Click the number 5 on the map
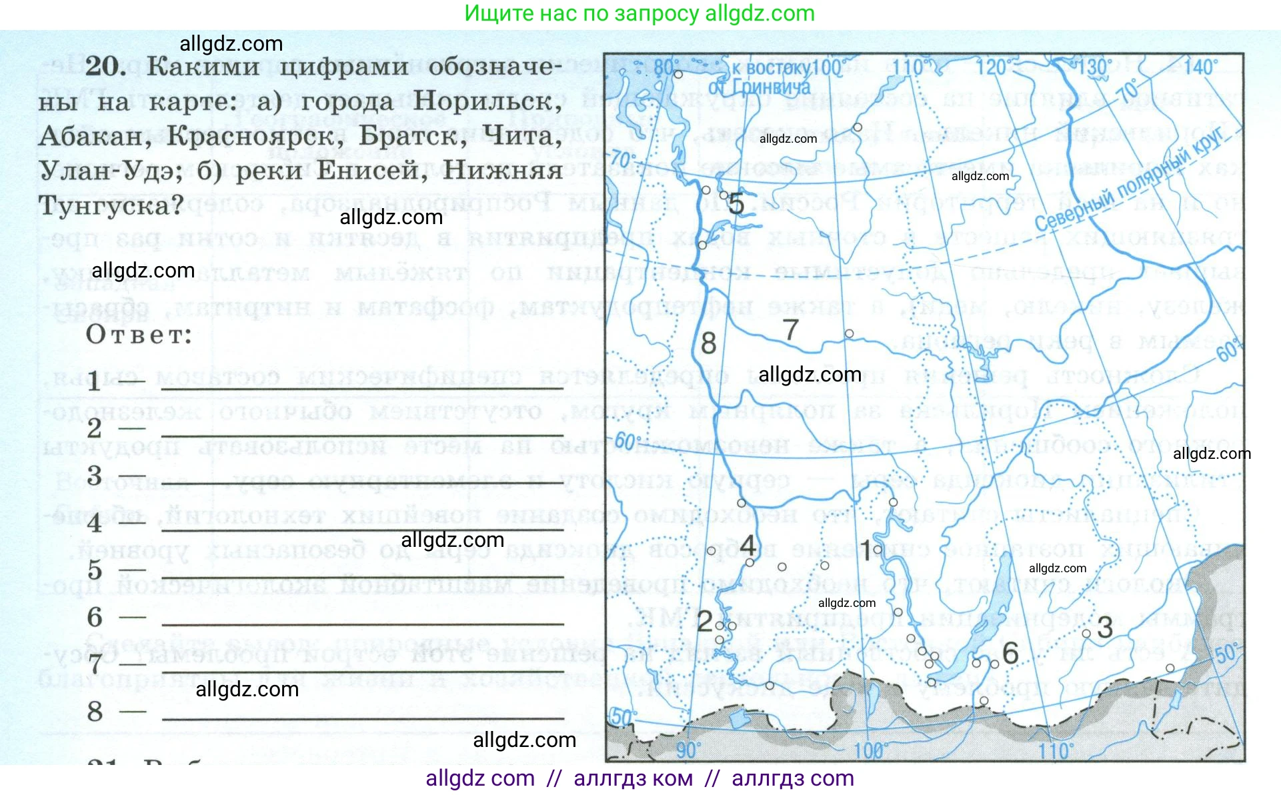[736, 203]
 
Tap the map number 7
[790, 329]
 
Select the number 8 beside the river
[708, 343]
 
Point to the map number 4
[748, 546]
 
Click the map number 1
[866, 550]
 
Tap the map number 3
[1105, 628]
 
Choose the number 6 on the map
[1010, 653]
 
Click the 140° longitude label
[1200, 67]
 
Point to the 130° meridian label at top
[1094, 67]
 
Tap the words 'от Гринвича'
[759, 87]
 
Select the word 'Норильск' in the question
[487, 101]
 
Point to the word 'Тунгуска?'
[111, 205]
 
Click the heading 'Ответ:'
[139, 335]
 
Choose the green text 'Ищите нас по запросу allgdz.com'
[639, 13]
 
